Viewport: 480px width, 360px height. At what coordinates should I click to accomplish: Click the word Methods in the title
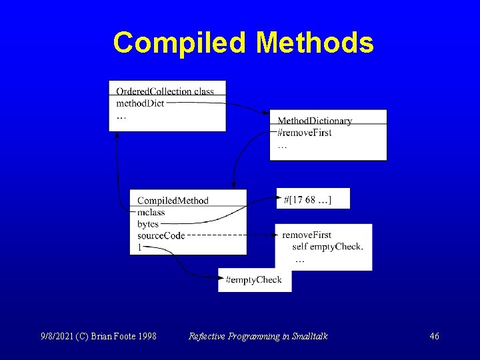click(x=315, y=43)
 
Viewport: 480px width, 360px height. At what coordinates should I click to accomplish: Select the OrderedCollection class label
click(x=165, y=91)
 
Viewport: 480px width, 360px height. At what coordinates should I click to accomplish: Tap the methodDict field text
click(x=140, y=103)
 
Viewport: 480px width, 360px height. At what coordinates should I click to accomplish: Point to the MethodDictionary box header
click(x=315, y=121)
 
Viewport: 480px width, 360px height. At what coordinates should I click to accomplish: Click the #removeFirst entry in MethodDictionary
click(x=305, y=133)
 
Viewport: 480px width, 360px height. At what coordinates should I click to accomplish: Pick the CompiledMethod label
click(x=173, y=201)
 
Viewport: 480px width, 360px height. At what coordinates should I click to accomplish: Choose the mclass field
click(x=151, y=213)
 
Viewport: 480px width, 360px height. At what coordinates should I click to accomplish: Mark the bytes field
click(x=148, y=224)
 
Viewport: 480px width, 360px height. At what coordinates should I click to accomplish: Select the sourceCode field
click(x=161, y=235)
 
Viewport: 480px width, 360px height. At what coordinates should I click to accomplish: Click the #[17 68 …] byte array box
click(x=313, y=199)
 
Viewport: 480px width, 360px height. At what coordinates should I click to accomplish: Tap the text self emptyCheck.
click(x=327, y=247)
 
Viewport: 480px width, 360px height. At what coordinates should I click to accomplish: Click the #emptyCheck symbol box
click(x=254, y=280)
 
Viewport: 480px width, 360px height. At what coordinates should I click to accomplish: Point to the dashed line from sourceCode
click(x=230, y=235)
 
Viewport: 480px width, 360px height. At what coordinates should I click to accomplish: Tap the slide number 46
click(x=434, y=337)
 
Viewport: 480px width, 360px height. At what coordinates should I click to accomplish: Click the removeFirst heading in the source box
click(x=307, y=235)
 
